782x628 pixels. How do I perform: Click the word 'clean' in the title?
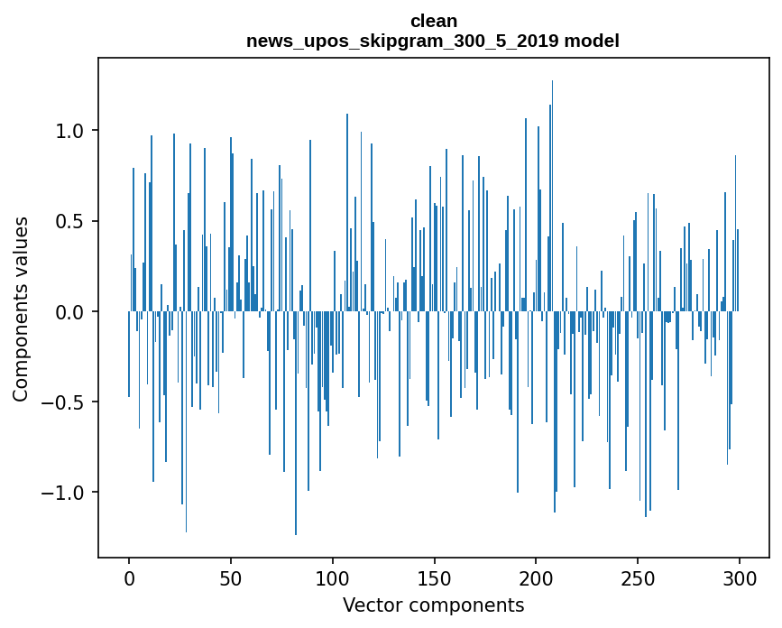(x=433, y=21)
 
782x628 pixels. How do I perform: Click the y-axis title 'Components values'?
(x=21, y=309)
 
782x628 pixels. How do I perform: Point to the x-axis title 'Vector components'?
(x=433, y=605)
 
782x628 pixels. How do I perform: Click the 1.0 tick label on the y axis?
(x=69, y=131)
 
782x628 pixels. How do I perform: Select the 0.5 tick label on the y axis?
(x=69, y=221)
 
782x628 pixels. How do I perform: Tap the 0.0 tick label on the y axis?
(x=69, y=312)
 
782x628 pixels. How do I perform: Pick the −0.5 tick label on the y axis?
(x=63, y=402)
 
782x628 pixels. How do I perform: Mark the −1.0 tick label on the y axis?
(x=63, y=493)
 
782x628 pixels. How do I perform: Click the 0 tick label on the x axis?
(x=129, y=578)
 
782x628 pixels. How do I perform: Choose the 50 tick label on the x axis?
(x=231, y=578)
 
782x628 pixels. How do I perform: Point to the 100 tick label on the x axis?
(x=333, y=578)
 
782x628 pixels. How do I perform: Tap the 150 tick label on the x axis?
(x=435, y=578)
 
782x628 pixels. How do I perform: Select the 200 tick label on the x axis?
(x=537, y=578)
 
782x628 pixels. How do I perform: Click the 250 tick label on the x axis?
(x=638, y=578)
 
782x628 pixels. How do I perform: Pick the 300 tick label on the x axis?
(x=740, y=578)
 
